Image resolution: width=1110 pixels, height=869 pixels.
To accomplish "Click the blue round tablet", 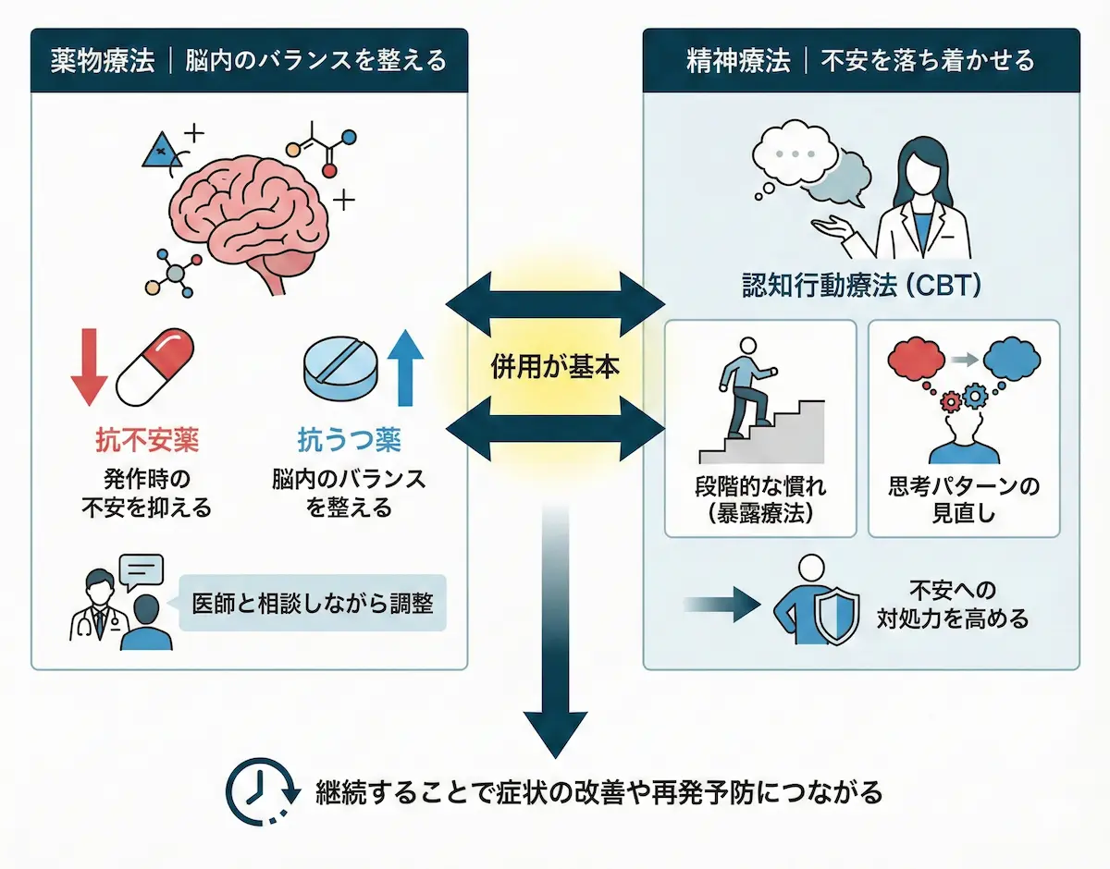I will tap(341, 371).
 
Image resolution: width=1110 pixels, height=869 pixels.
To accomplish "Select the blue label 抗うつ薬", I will tap(349, 440).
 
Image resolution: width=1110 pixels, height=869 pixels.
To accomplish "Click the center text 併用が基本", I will tap(555, 366).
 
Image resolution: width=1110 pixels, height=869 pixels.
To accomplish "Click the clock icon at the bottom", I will tap(258, 792).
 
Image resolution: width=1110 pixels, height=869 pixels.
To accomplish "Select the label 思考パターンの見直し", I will tap(963, 499).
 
